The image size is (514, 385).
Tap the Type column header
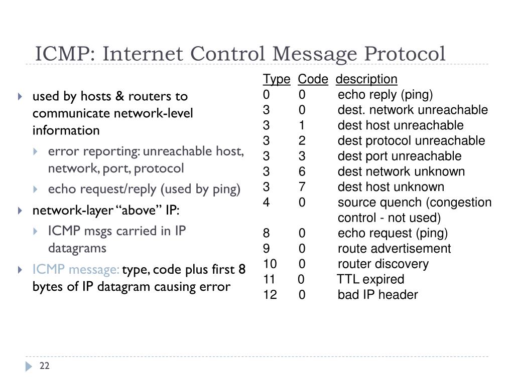click(276, 79)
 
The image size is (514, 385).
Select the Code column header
click(313, 79)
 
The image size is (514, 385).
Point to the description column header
click(366, 79)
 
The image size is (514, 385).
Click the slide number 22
click(45, 366)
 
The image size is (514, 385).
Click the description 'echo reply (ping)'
click(385, 95)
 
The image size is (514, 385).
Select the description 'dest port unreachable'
click(400, 156)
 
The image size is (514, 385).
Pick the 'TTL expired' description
click(370, 279)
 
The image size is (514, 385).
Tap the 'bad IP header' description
click(377, 295)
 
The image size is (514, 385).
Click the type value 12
click(270, 295)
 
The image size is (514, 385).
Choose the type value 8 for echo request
click(266, 233)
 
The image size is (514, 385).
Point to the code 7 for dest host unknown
click(302, 187)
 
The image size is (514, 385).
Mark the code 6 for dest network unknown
click(302, 171)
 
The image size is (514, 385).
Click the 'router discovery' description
click(383, 264)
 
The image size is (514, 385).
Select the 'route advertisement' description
click(394, 249)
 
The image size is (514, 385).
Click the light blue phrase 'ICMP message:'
click(76, 270)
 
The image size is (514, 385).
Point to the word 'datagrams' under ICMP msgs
click(77, 248)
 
